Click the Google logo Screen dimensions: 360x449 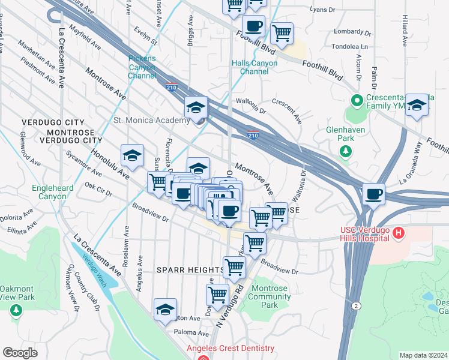point(20,353)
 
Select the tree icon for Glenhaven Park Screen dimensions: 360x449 point(346,151)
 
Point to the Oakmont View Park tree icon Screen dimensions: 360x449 point(16,310)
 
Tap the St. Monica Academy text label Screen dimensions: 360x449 point(151,121)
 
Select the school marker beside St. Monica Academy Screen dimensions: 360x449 point(196,108)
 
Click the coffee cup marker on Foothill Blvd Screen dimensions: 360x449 point(253,27)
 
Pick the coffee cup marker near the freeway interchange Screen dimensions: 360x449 point(373,194)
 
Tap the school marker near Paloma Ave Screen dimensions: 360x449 point(165,310)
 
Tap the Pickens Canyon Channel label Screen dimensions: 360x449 point(142,67)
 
